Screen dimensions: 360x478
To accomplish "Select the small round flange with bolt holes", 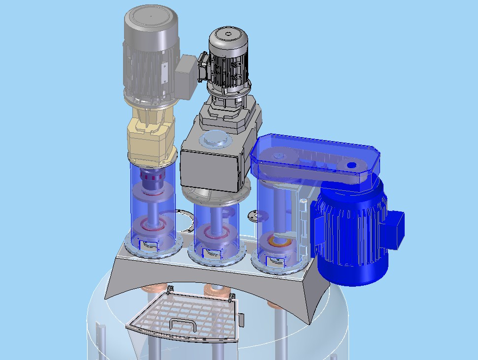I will pos(255,215).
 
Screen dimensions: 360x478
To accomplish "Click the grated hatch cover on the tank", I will pos(187,315).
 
